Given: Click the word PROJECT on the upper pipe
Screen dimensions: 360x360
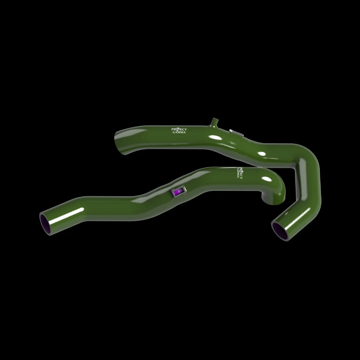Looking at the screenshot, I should tap(179, 129).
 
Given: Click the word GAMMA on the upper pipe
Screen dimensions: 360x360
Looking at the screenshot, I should tap(179, 132).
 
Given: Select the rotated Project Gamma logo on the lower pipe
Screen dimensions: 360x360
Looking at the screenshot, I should tap(239, 172).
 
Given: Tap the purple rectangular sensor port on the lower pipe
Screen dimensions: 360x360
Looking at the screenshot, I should tap(178, 192).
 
